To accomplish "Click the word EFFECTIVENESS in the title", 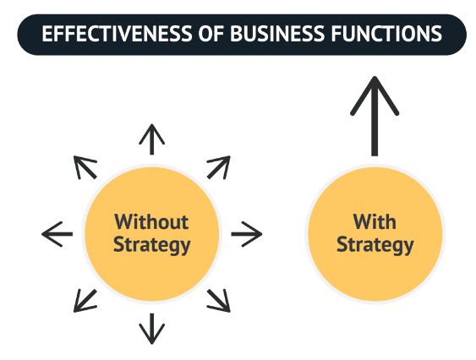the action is pyautogui.click(x=117, y=34).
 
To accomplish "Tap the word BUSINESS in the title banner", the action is pyautogui.click(x=277, y=34).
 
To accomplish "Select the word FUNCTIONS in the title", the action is pyautogui.click(x=386, y=34).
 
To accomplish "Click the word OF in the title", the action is pyautogui.click(x=211, y=34).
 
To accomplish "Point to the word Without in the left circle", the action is pyautogui.click(x=151, y=221).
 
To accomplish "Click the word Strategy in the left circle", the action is pyautogui.click(x=152, y=245).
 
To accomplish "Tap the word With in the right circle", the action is pyautogui.click(x=375, y=221).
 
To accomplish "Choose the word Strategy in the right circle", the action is pyautogui.click(x=375, y=245).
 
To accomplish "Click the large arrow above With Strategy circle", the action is pyautogui.click(x=375, y=116).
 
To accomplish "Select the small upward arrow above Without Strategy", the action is pyautogui.click(x=152, y=139).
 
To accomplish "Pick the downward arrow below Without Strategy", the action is pyautogui.click(x=152, y=329).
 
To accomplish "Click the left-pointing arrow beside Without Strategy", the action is pyautogui.click(x=57, y=234).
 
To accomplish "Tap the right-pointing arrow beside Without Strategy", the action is pyautogui.click(x=247, y=234).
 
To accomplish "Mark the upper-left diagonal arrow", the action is pyautogui.click(x=85, y=167).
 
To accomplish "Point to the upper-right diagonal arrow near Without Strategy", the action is pyautogui.click(x=219, y=167).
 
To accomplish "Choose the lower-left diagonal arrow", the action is pyautogui.click(x=85, y=301).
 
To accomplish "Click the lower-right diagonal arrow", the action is pyautogui.click(x=219, y=301).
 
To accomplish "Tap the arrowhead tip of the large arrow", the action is pyautogui.click(x=375, y=77).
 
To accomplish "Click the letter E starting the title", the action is pyautogui.click(x=47, y=34).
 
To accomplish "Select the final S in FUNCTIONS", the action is pyautogui.click(x=437, y=34).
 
